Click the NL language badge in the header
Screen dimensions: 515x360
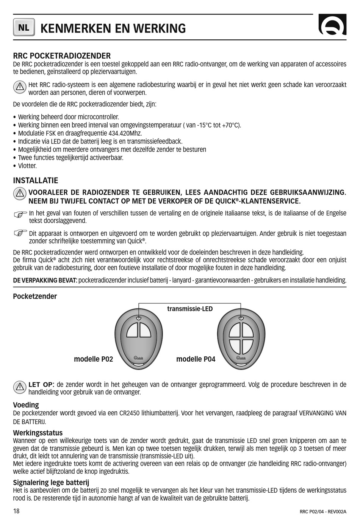[24, 27]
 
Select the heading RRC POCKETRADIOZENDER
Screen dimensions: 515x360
[62, 56]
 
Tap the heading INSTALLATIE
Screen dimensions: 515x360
[36, 181]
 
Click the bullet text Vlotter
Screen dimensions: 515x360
[27, 166]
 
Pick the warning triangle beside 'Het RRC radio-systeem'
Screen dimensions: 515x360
[20, 88]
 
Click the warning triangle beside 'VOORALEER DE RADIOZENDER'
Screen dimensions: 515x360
[20, 194]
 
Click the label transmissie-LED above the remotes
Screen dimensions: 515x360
[190, 309]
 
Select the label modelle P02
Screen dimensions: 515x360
[93, 359]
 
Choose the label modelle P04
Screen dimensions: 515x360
[196, 359]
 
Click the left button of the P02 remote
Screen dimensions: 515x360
[133, 331]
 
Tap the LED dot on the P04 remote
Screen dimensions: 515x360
[241, 318]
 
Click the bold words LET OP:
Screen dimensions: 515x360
[41, 385]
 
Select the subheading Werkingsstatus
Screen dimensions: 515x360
[38, 433]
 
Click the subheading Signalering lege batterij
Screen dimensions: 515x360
[51, 482]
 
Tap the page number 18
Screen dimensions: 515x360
[16, 511]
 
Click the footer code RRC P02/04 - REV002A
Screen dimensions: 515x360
[323, 512]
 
